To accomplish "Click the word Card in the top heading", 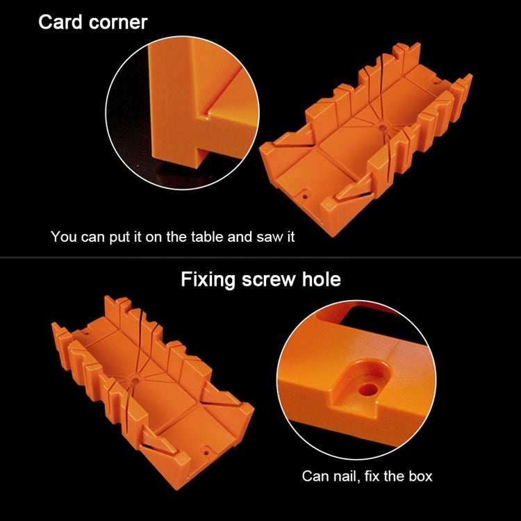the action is coord(60,22).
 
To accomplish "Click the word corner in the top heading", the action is coord(118,23).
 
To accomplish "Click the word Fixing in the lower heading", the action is coord(208,280).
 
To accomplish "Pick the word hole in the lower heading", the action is coord(322,279).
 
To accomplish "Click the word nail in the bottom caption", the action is coord(345,476).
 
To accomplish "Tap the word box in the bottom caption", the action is coord(421,476).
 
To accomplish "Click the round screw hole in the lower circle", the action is coord(368,389).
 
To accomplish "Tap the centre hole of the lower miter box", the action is coord(135,379).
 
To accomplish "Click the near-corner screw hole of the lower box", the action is coord(206,452).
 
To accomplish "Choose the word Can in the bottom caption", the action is coord(314,476).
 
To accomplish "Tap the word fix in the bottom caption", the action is coord(372,476).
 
